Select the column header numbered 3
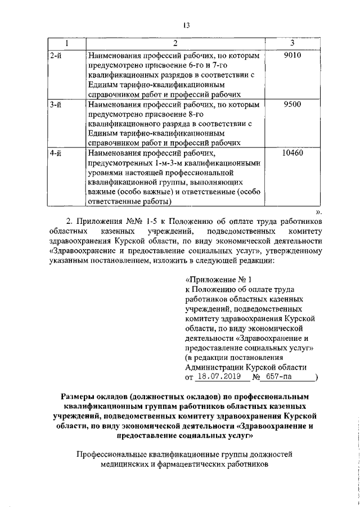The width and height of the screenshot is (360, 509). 292,44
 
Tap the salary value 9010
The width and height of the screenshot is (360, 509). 292,55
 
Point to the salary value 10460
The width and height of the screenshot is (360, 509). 292,152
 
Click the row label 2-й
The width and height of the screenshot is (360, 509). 56,55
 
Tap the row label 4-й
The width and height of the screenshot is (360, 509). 56,152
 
